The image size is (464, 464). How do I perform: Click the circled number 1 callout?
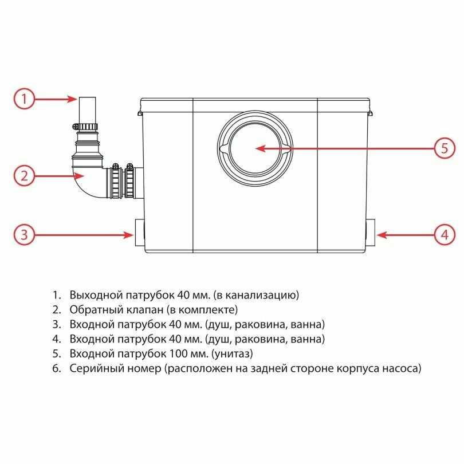coord(24,99)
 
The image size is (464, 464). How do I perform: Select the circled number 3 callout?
coord(24,234)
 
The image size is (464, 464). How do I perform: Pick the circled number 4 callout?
coord(444,234)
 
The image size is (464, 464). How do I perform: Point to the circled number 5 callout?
coord(444,148)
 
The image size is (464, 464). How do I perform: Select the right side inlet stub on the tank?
coord(370,234)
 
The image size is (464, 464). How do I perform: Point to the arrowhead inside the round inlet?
coord(260,148)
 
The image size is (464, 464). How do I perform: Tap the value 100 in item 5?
coord(178,354)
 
